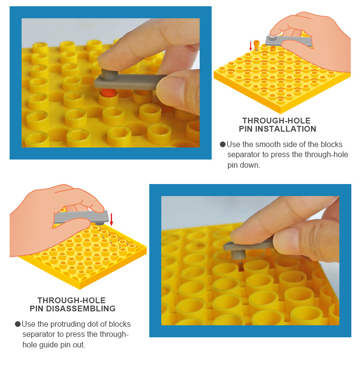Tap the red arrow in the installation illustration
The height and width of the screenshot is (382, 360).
coord(251,46)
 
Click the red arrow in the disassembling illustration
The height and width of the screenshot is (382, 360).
coord(111,220)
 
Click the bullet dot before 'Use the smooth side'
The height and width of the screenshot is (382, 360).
coord(222,145)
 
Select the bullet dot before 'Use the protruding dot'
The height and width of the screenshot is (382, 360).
coord(18,324)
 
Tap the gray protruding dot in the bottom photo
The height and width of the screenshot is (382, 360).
coord(238,254)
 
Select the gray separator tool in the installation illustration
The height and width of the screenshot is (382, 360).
coord(288,41)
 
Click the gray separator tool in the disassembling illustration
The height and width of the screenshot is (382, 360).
coord(81,217)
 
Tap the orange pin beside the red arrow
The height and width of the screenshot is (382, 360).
coord(256,45)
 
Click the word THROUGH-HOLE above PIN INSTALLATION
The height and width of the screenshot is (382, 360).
coord(276,121)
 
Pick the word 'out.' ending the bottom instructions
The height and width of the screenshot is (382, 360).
coord(79,345)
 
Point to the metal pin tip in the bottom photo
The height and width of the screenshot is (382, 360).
coord(240,265)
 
